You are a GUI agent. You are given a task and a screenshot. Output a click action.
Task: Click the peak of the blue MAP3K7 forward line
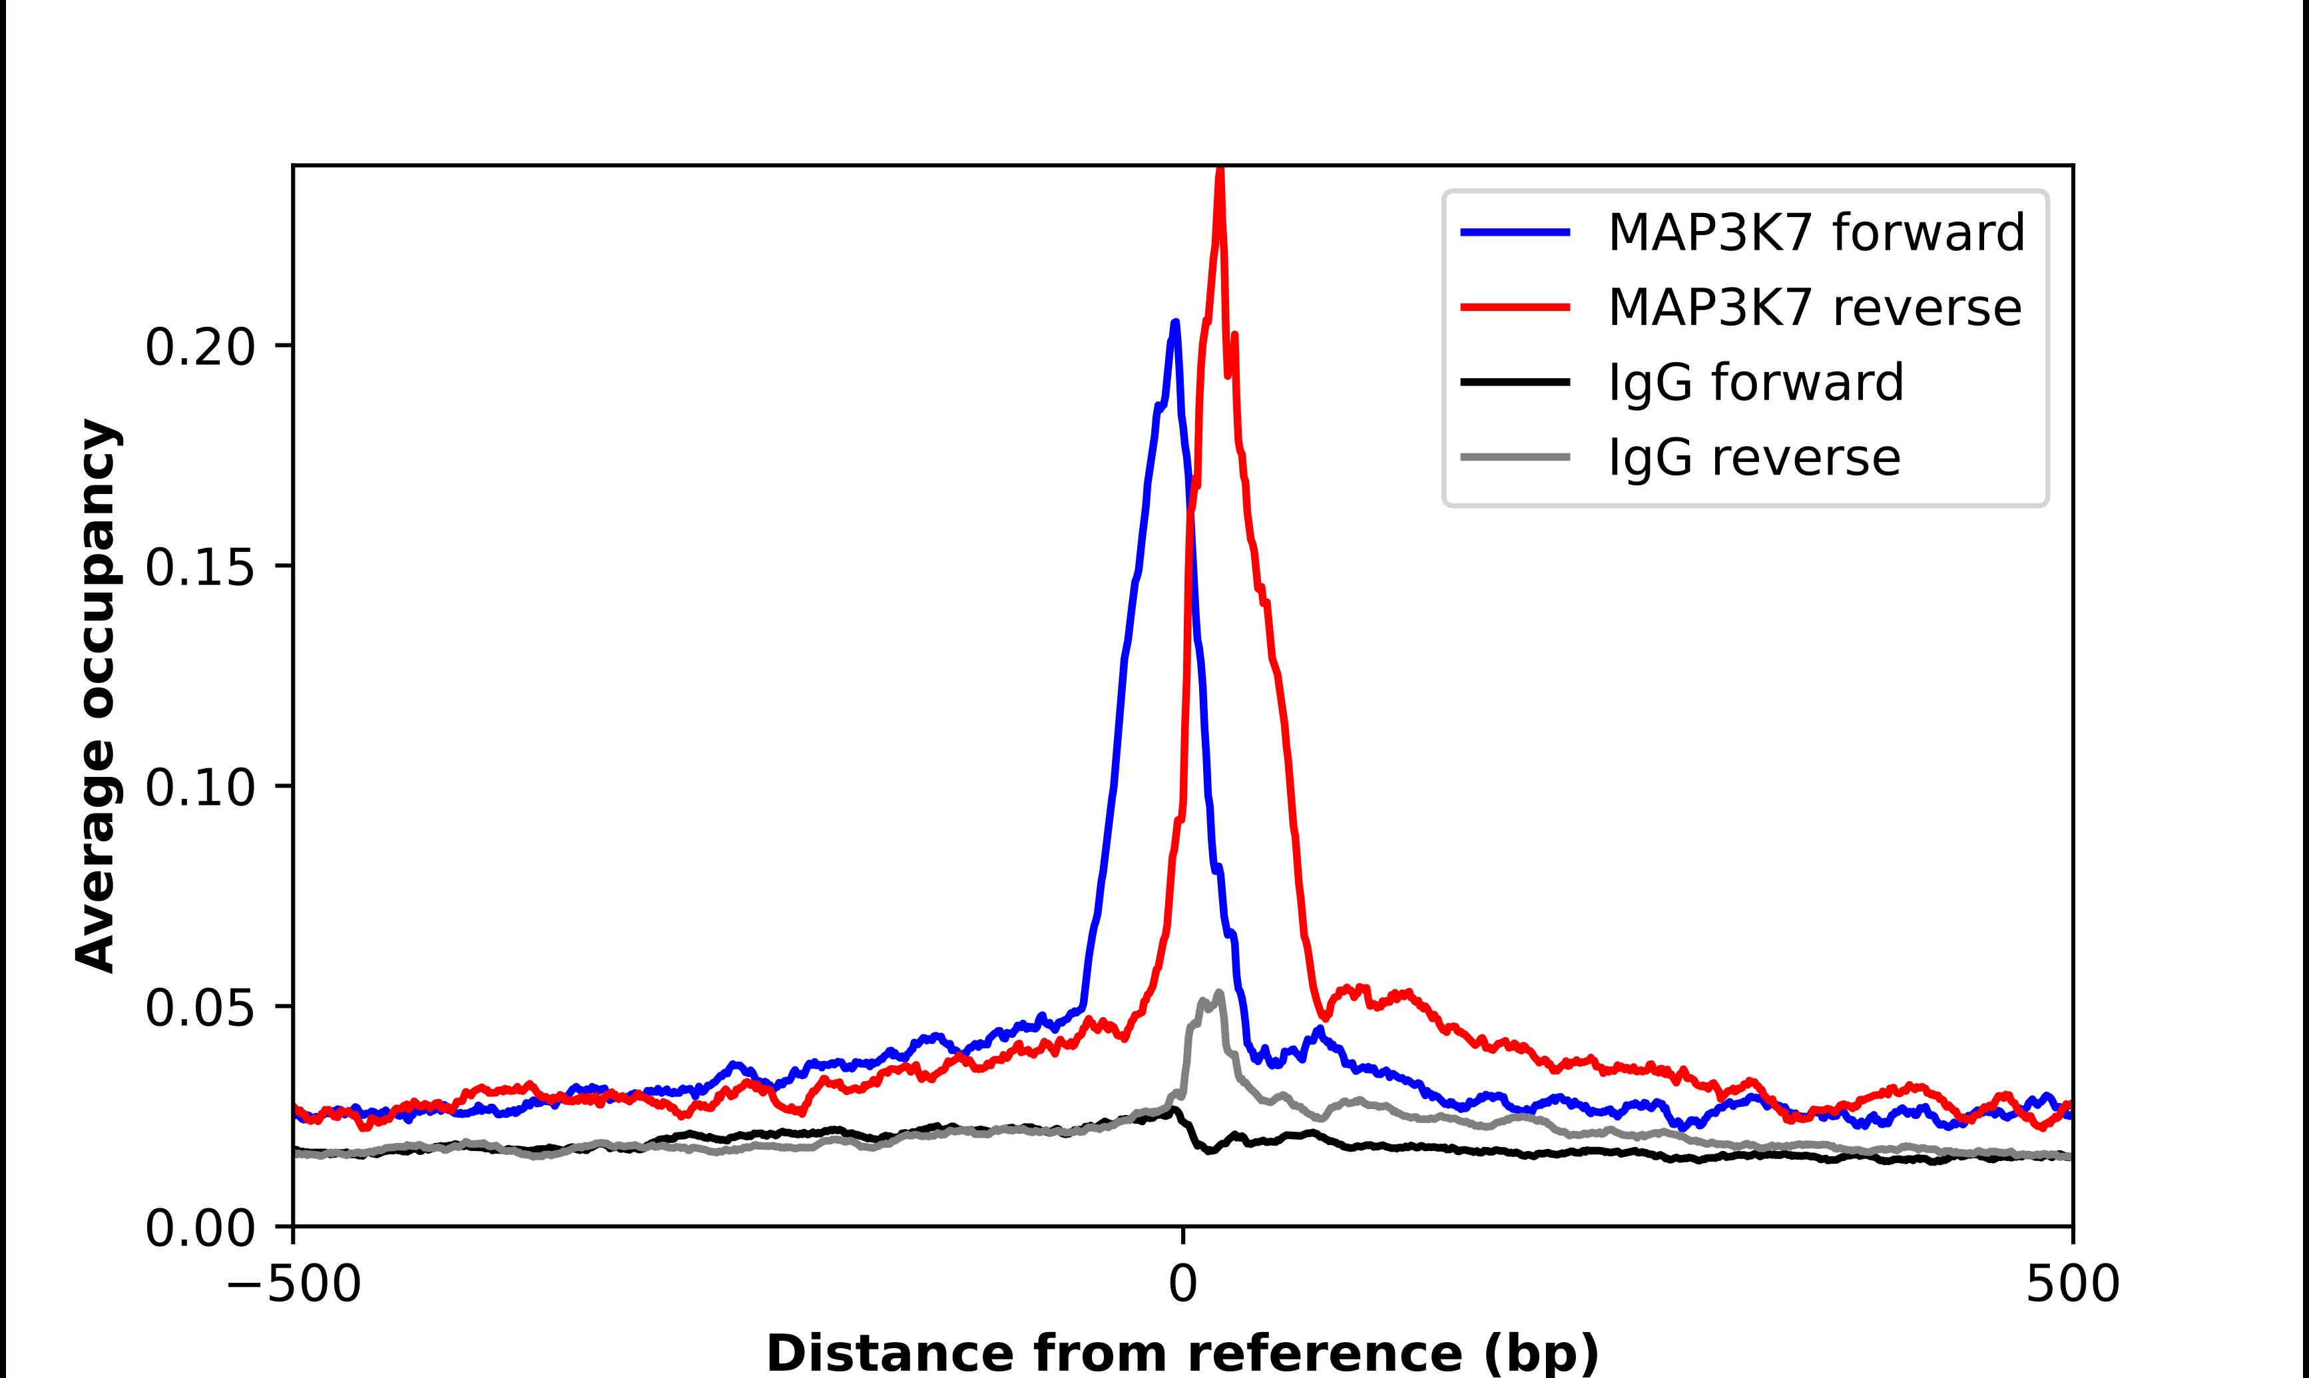[x=1175, y=322]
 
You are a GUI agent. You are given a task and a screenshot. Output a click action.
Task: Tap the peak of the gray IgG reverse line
[x=1219, y=993]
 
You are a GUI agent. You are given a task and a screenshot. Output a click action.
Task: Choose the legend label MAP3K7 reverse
[x=1814, y=308]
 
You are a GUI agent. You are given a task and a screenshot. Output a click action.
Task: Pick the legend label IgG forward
[x=1756, y=383]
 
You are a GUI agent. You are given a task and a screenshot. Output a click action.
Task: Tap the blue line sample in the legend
[x=1515, y=232]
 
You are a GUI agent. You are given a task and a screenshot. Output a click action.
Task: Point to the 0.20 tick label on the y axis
[x=200, y=347]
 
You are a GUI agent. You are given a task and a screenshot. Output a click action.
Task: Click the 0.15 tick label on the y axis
[x=200, y=567]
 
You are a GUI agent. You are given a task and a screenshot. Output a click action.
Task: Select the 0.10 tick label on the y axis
[x=200, y=788]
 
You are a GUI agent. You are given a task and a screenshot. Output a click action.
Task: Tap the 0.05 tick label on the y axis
[x=200, y=1007]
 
